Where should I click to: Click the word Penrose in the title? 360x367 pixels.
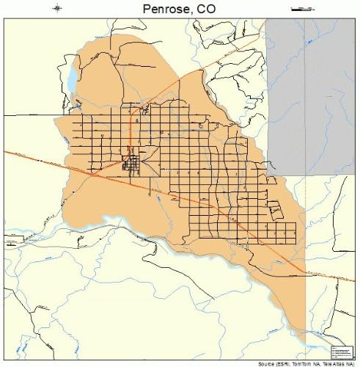tap(164, 8)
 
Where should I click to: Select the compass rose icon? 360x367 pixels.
tap(58, 9)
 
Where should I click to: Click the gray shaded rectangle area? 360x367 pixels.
tap(311, 88)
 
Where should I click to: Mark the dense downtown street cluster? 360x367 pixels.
tap(133, 163)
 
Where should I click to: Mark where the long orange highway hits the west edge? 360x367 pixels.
tap(7, 151)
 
